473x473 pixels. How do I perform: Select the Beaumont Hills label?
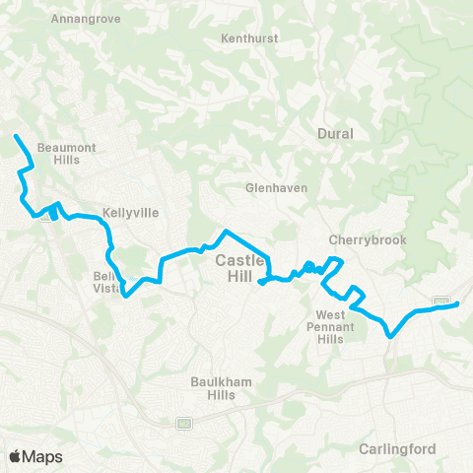[x=64, y=153]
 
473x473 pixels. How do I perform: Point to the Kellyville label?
[x=130, y=212]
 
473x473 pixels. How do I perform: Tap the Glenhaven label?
[x=277, y=187]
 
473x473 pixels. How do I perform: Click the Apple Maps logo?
[x=35, y=456]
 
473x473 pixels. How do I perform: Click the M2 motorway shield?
[x=183, y=423]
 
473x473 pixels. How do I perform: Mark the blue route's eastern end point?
[x=458, y=304]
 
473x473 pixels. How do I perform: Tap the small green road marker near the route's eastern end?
[x=441, y=301]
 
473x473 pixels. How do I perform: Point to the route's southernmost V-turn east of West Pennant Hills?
[x=392, y=336]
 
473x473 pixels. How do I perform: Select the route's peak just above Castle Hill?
[x=227, y=232]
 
